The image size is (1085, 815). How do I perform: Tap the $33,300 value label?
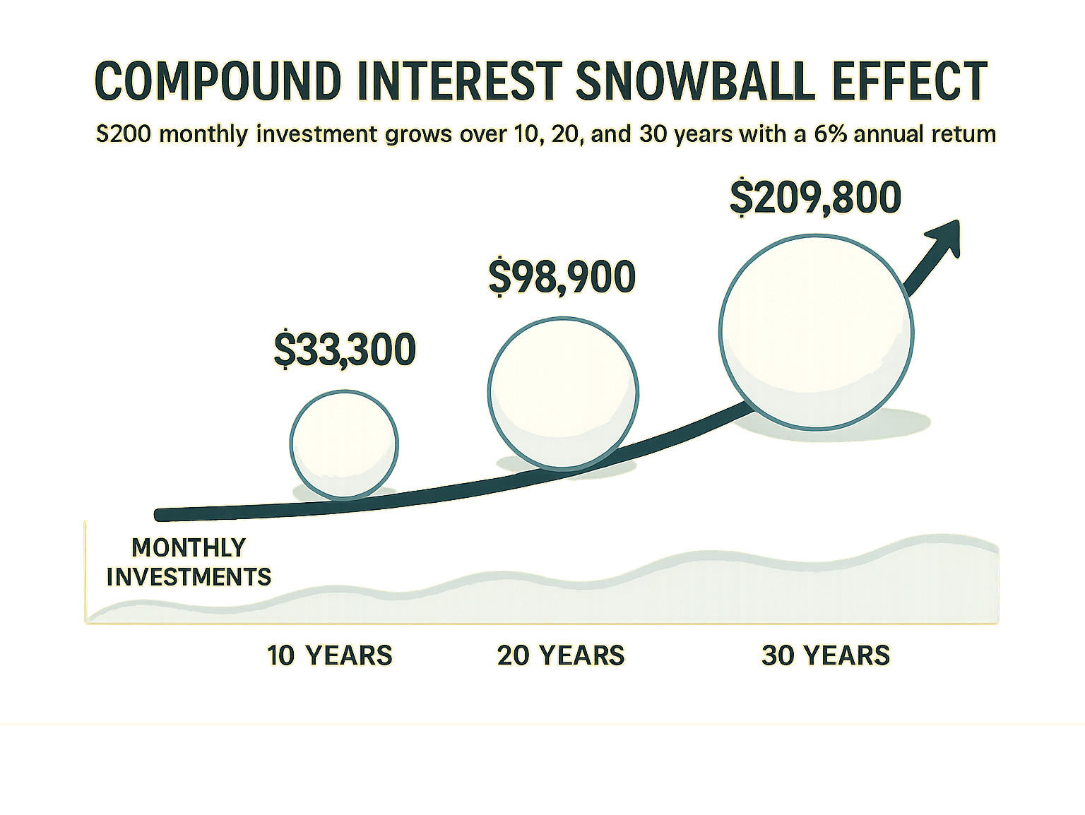pyautogui.click(x=345, y=350)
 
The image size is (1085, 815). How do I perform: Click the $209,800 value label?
pyautogui.click(x=815, y=197)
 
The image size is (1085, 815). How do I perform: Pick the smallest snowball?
pyautogui.click(x=344, y=444)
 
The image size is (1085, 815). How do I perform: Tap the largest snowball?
pyautogui.click(x=817, y=331)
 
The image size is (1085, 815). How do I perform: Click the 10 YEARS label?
pyautogui.click(x=329, y=655)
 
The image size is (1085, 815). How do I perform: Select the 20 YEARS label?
pyautogui.click(x=561, y=655)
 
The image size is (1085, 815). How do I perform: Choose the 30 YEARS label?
pyautogui.click(x=826, y=655)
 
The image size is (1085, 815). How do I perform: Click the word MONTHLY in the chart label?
pyautogui.click(x=189, y=547)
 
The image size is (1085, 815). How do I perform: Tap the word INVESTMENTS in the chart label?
pyautogui.click(x=189, y=577)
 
